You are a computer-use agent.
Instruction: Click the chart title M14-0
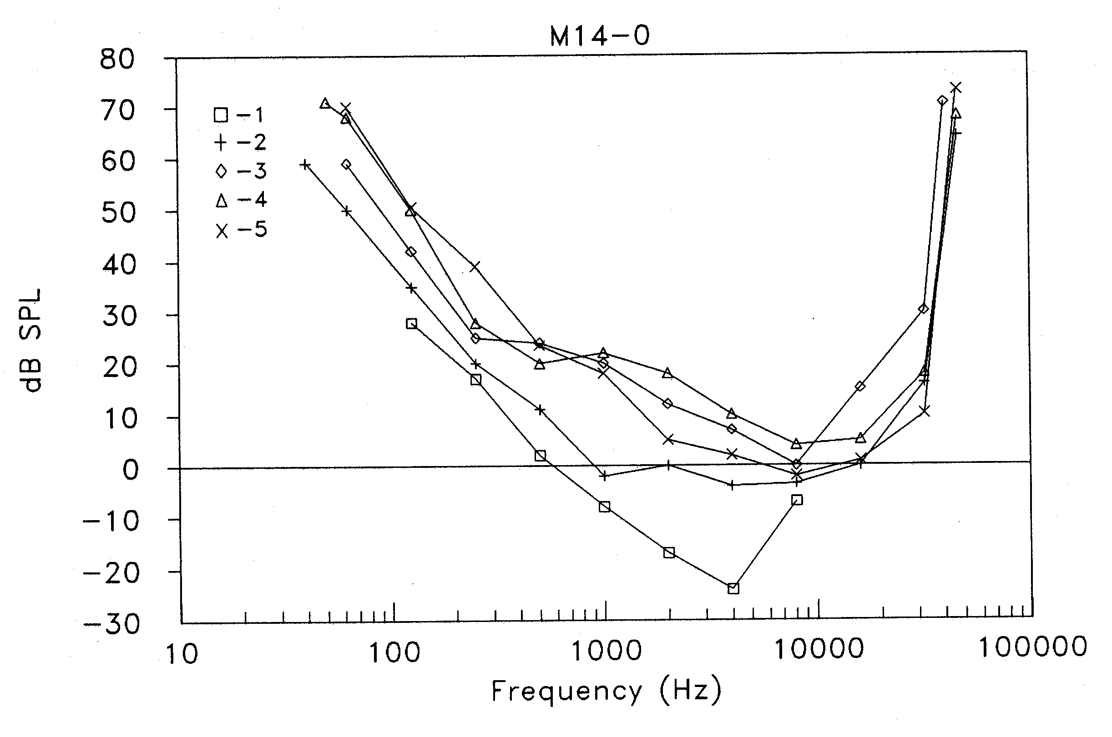point(600,36)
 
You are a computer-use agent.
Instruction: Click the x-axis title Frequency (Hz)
point(606,692)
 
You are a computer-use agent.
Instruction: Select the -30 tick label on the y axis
point(111,625)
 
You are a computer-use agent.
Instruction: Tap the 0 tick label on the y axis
point(130,470)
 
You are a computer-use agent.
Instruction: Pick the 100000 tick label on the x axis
point(1032,647)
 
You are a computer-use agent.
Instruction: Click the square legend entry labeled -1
point(239,115)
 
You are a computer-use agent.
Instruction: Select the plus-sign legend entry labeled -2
point(240,142)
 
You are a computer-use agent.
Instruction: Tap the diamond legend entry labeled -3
point(241,171)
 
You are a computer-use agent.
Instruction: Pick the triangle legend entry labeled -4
point(241,200)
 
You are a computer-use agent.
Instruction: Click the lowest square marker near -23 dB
point(733,588)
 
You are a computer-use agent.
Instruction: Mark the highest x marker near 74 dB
point(955,88)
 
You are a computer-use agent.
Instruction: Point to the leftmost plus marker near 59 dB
point(305,165)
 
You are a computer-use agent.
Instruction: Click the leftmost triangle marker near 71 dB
point(324,103)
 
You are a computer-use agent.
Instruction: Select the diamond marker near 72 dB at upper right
point(942,100)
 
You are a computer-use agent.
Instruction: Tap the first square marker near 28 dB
point(411,323)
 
